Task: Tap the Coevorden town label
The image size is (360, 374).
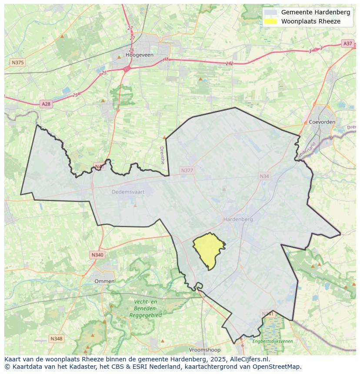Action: click(x=322, y=122)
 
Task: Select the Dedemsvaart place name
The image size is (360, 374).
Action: click(x=127, y=192)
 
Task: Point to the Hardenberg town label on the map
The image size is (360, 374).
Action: click(x=238, y=219)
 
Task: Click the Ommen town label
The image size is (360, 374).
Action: click(x=105, y=281)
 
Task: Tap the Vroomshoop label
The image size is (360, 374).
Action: click(x=205, y=350)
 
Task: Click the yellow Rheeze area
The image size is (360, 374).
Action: click(x=207, y=250)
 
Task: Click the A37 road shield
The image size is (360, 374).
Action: click(x=347, y=43)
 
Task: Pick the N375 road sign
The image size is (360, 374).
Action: click(x=17, y=63)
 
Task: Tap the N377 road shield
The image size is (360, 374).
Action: click(x=187, y=171)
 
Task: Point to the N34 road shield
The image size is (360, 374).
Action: click(x=264, y=176)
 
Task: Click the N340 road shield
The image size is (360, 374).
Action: click(x=97, y=255)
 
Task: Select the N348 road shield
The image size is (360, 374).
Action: click(x=56, y=338)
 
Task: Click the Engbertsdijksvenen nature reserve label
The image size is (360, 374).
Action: click(x=273, y=341)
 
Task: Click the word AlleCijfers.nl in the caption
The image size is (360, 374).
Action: click(x=250, y=359)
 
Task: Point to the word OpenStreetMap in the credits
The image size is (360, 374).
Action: click(x=278, y=367)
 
